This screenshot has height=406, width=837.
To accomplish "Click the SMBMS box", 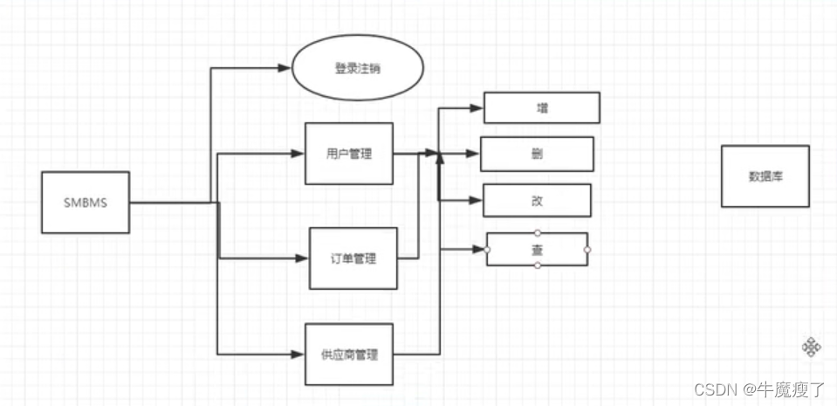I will [x=86, y=202].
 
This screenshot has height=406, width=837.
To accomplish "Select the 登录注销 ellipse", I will [x=357, y=69].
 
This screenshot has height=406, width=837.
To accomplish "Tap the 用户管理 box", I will [x=348, y=154].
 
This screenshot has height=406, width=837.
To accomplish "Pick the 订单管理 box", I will [x=353, y=258].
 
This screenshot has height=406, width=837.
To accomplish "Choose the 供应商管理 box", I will [x=349, y=354].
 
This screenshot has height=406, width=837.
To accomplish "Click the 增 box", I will [x=542, y=108].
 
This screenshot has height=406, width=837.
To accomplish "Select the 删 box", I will [x=537, y=154].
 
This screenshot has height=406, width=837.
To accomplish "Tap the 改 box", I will [x=537, y=200].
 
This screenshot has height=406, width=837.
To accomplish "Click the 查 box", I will [x=538, y=249].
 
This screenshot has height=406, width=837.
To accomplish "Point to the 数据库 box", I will [x=765, y=175].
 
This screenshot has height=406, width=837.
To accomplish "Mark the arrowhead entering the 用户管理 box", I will [x=298, y=154].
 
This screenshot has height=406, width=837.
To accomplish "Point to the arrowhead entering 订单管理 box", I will [x=303, y=258].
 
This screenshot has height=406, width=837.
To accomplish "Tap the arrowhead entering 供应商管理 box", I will [x=298, y=354].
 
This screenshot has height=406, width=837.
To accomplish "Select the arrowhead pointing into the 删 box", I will [x=473, y=154].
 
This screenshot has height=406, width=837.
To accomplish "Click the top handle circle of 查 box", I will [x=538, y=232].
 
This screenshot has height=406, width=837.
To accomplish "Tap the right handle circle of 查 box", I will [x=587, y=250].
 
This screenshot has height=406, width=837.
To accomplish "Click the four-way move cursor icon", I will [x=811, y=348].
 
